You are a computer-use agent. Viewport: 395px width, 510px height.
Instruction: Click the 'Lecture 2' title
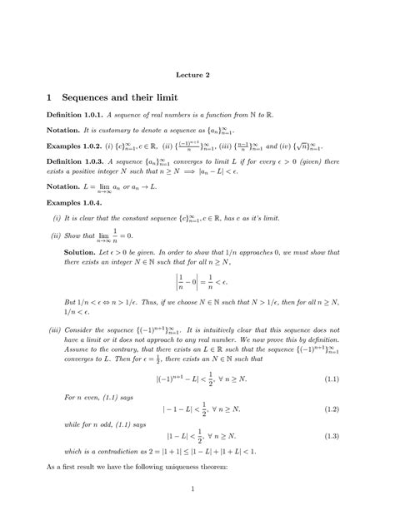pos(197,75)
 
